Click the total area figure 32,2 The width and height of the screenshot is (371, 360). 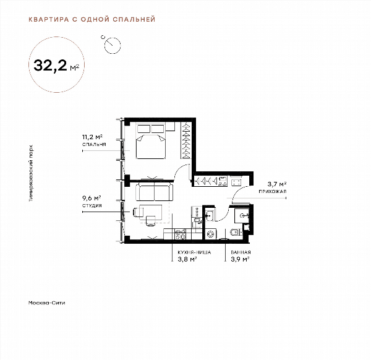(51, 65)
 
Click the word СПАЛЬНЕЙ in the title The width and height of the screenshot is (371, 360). (134, 19)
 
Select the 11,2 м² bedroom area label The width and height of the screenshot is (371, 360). (92, 137)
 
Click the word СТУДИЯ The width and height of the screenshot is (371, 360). (92, 205)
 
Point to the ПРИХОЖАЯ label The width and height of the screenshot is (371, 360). (273, 191)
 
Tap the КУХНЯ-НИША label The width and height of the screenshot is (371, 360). (194, 252)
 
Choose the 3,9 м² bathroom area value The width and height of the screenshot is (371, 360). (240, 259)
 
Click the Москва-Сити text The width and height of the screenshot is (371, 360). (46, 302)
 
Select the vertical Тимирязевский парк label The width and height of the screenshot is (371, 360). (31, 173)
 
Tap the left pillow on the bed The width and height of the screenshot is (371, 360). (143, 129)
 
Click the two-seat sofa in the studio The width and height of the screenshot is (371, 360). (154, 192)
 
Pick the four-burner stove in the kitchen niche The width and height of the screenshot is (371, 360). (180, 234)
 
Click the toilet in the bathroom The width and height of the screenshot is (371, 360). (236, 233)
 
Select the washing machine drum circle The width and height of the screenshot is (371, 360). (210, 234)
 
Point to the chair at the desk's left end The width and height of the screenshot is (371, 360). (139, 212)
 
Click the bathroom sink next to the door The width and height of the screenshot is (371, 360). (210, 216)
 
